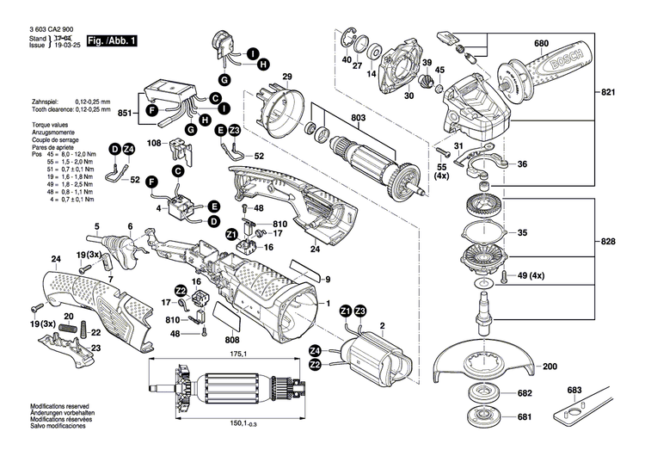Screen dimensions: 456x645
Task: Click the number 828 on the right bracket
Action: pyautogui.click(x=609, y=242)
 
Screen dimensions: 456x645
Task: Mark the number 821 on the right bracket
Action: pyautogui.click(x=609, y=92)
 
